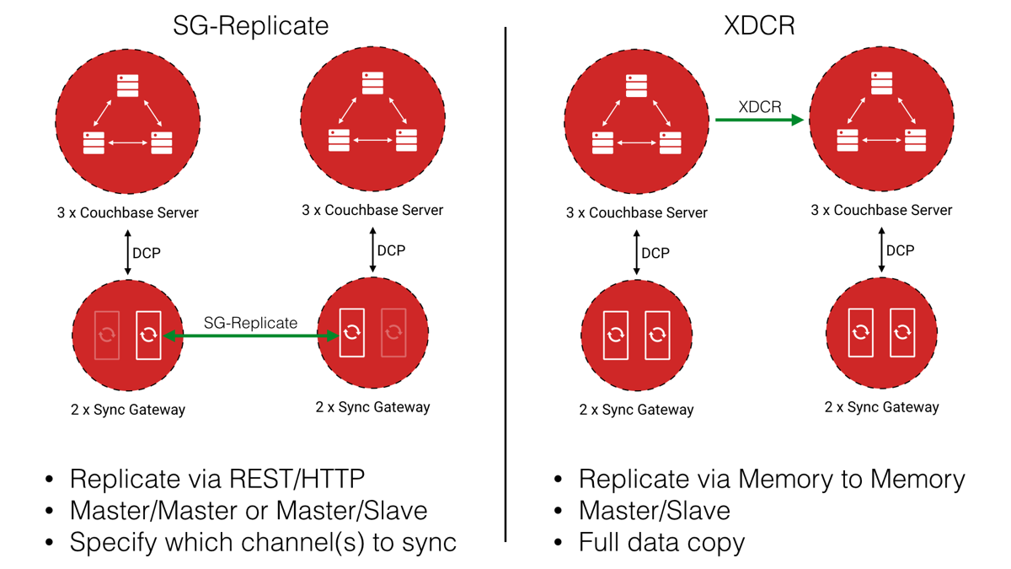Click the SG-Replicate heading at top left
[250, 25]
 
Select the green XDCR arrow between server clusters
[758, 121]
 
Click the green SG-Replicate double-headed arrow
[250, 335]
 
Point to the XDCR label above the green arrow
[759, 107]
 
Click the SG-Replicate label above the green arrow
[250, 323]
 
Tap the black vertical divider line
[505, 287]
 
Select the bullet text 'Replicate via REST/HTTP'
[217, 479]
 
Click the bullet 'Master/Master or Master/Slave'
[248, 510]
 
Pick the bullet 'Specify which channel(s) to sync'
[263, 541]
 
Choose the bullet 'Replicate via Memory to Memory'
[771, 479]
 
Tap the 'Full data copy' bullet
[661, 541]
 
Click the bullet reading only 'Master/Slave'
[654, 510]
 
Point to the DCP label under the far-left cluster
[147, 253]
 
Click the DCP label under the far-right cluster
[900, 250]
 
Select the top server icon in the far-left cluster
[128, 85]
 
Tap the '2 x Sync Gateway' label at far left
[128, 410]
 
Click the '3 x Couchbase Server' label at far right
[881, 210]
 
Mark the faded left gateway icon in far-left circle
[107, 335]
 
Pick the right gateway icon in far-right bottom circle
[902, 332]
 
